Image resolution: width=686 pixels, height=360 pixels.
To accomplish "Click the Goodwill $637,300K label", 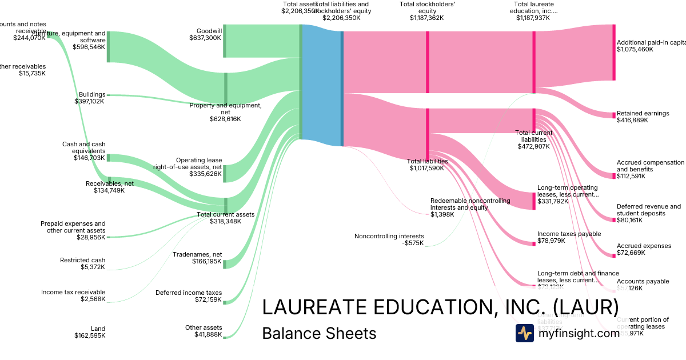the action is [205, 34].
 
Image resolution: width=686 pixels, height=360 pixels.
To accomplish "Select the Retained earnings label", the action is [643, 117].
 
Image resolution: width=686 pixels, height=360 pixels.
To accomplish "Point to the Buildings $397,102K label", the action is [90, 98].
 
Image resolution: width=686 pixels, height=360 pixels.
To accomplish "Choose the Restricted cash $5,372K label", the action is [82, 263].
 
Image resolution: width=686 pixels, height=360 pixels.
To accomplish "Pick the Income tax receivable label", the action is [73, 295].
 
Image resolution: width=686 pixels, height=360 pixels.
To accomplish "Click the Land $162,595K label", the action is [90, 332].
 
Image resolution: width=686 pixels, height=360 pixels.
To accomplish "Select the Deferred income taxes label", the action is [188, 296].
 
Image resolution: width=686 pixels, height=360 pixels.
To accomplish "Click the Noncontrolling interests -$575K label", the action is [389, 239].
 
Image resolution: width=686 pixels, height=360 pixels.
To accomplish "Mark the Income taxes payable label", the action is [569, 237].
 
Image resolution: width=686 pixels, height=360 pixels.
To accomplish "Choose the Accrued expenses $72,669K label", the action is [644, 249].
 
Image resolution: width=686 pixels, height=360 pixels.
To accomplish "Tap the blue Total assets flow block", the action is [321, 86].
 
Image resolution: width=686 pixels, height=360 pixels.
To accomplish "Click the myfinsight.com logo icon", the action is [524, 333].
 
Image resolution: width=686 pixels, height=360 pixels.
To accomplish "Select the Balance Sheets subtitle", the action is [319, 333].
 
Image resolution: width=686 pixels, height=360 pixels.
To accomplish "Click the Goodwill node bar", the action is [225, 41].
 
